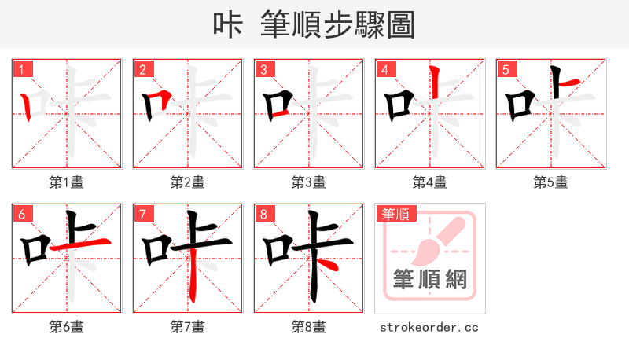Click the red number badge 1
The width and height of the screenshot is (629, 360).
[x=22, y=69]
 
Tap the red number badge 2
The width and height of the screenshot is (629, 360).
[x=143, y=69]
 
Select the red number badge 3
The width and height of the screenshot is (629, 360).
[x=264, y=69]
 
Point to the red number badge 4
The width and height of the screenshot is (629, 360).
[x=385, y=69]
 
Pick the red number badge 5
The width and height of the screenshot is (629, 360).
[x=506, y=69]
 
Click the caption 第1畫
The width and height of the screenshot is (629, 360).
[x=67, y=182]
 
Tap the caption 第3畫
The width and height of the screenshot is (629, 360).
[x=309, y=182]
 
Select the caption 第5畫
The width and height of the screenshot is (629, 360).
[x=551, y=182]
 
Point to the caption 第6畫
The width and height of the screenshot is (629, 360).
[x=67, y=327]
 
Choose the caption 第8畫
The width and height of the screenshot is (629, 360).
[x=309, y=327]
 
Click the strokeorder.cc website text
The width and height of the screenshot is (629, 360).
[x=429, y=327]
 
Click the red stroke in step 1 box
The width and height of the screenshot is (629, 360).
[x=27, y=106]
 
